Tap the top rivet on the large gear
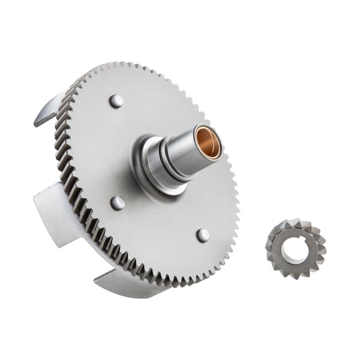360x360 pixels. (x=116, y=101)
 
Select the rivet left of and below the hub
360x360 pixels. (x=118, y=203)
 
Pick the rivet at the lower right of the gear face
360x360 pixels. (x=203, y=235)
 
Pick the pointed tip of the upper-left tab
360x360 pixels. (x=36, y=123)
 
